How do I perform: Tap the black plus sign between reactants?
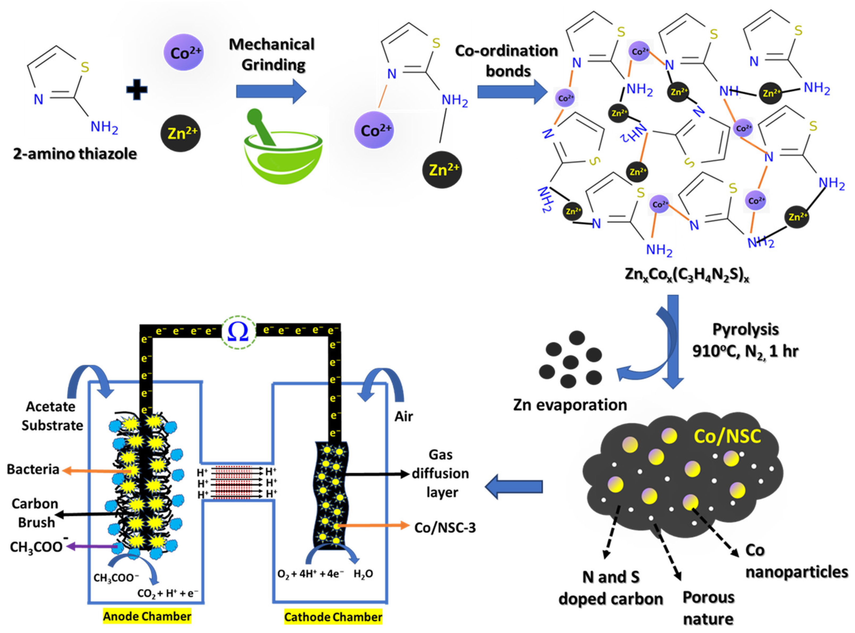point(137,90)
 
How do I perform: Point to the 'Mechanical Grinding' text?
point(272,54)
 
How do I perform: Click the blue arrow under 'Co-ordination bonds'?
point(512,92)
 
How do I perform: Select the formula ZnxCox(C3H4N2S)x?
point(686,275)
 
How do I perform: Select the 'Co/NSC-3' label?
point(445,528)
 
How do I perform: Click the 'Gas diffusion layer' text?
point(441,474)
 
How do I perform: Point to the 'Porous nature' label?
point(708,608)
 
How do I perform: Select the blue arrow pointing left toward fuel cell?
point(514,487)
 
